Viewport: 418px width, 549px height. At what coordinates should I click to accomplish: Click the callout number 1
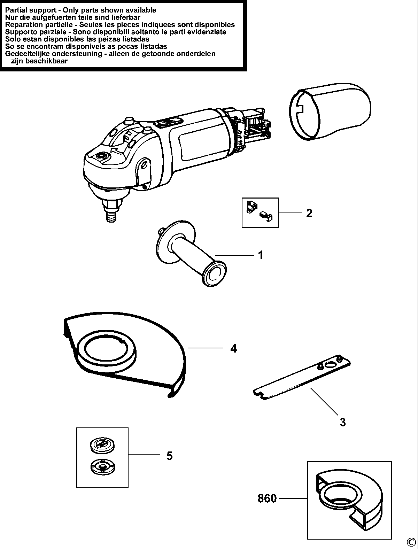point(261,255)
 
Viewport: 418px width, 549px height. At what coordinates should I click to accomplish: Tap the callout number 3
point(343,422)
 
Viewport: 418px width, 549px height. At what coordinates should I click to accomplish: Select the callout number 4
point(233,348)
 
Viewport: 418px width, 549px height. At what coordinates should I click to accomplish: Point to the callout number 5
point(169,455)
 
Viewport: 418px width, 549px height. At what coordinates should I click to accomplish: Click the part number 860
point(267,498)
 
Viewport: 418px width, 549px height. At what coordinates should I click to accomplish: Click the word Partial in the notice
point(16,10)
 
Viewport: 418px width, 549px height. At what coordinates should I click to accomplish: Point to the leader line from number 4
point(206,348)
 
